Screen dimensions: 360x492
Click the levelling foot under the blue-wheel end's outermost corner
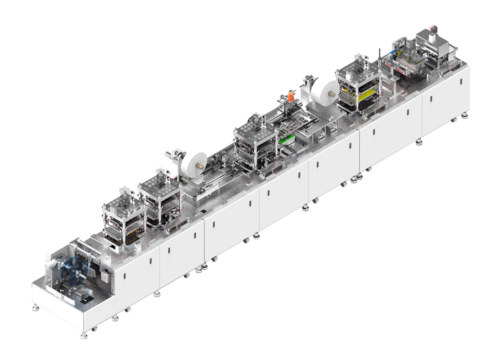(84, 334)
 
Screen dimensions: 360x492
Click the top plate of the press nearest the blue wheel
(123, 197)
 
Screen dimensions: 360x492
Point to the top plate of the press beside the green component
(252, 124)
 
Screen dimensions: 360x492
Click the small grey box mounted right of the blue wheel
(103, 275)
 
